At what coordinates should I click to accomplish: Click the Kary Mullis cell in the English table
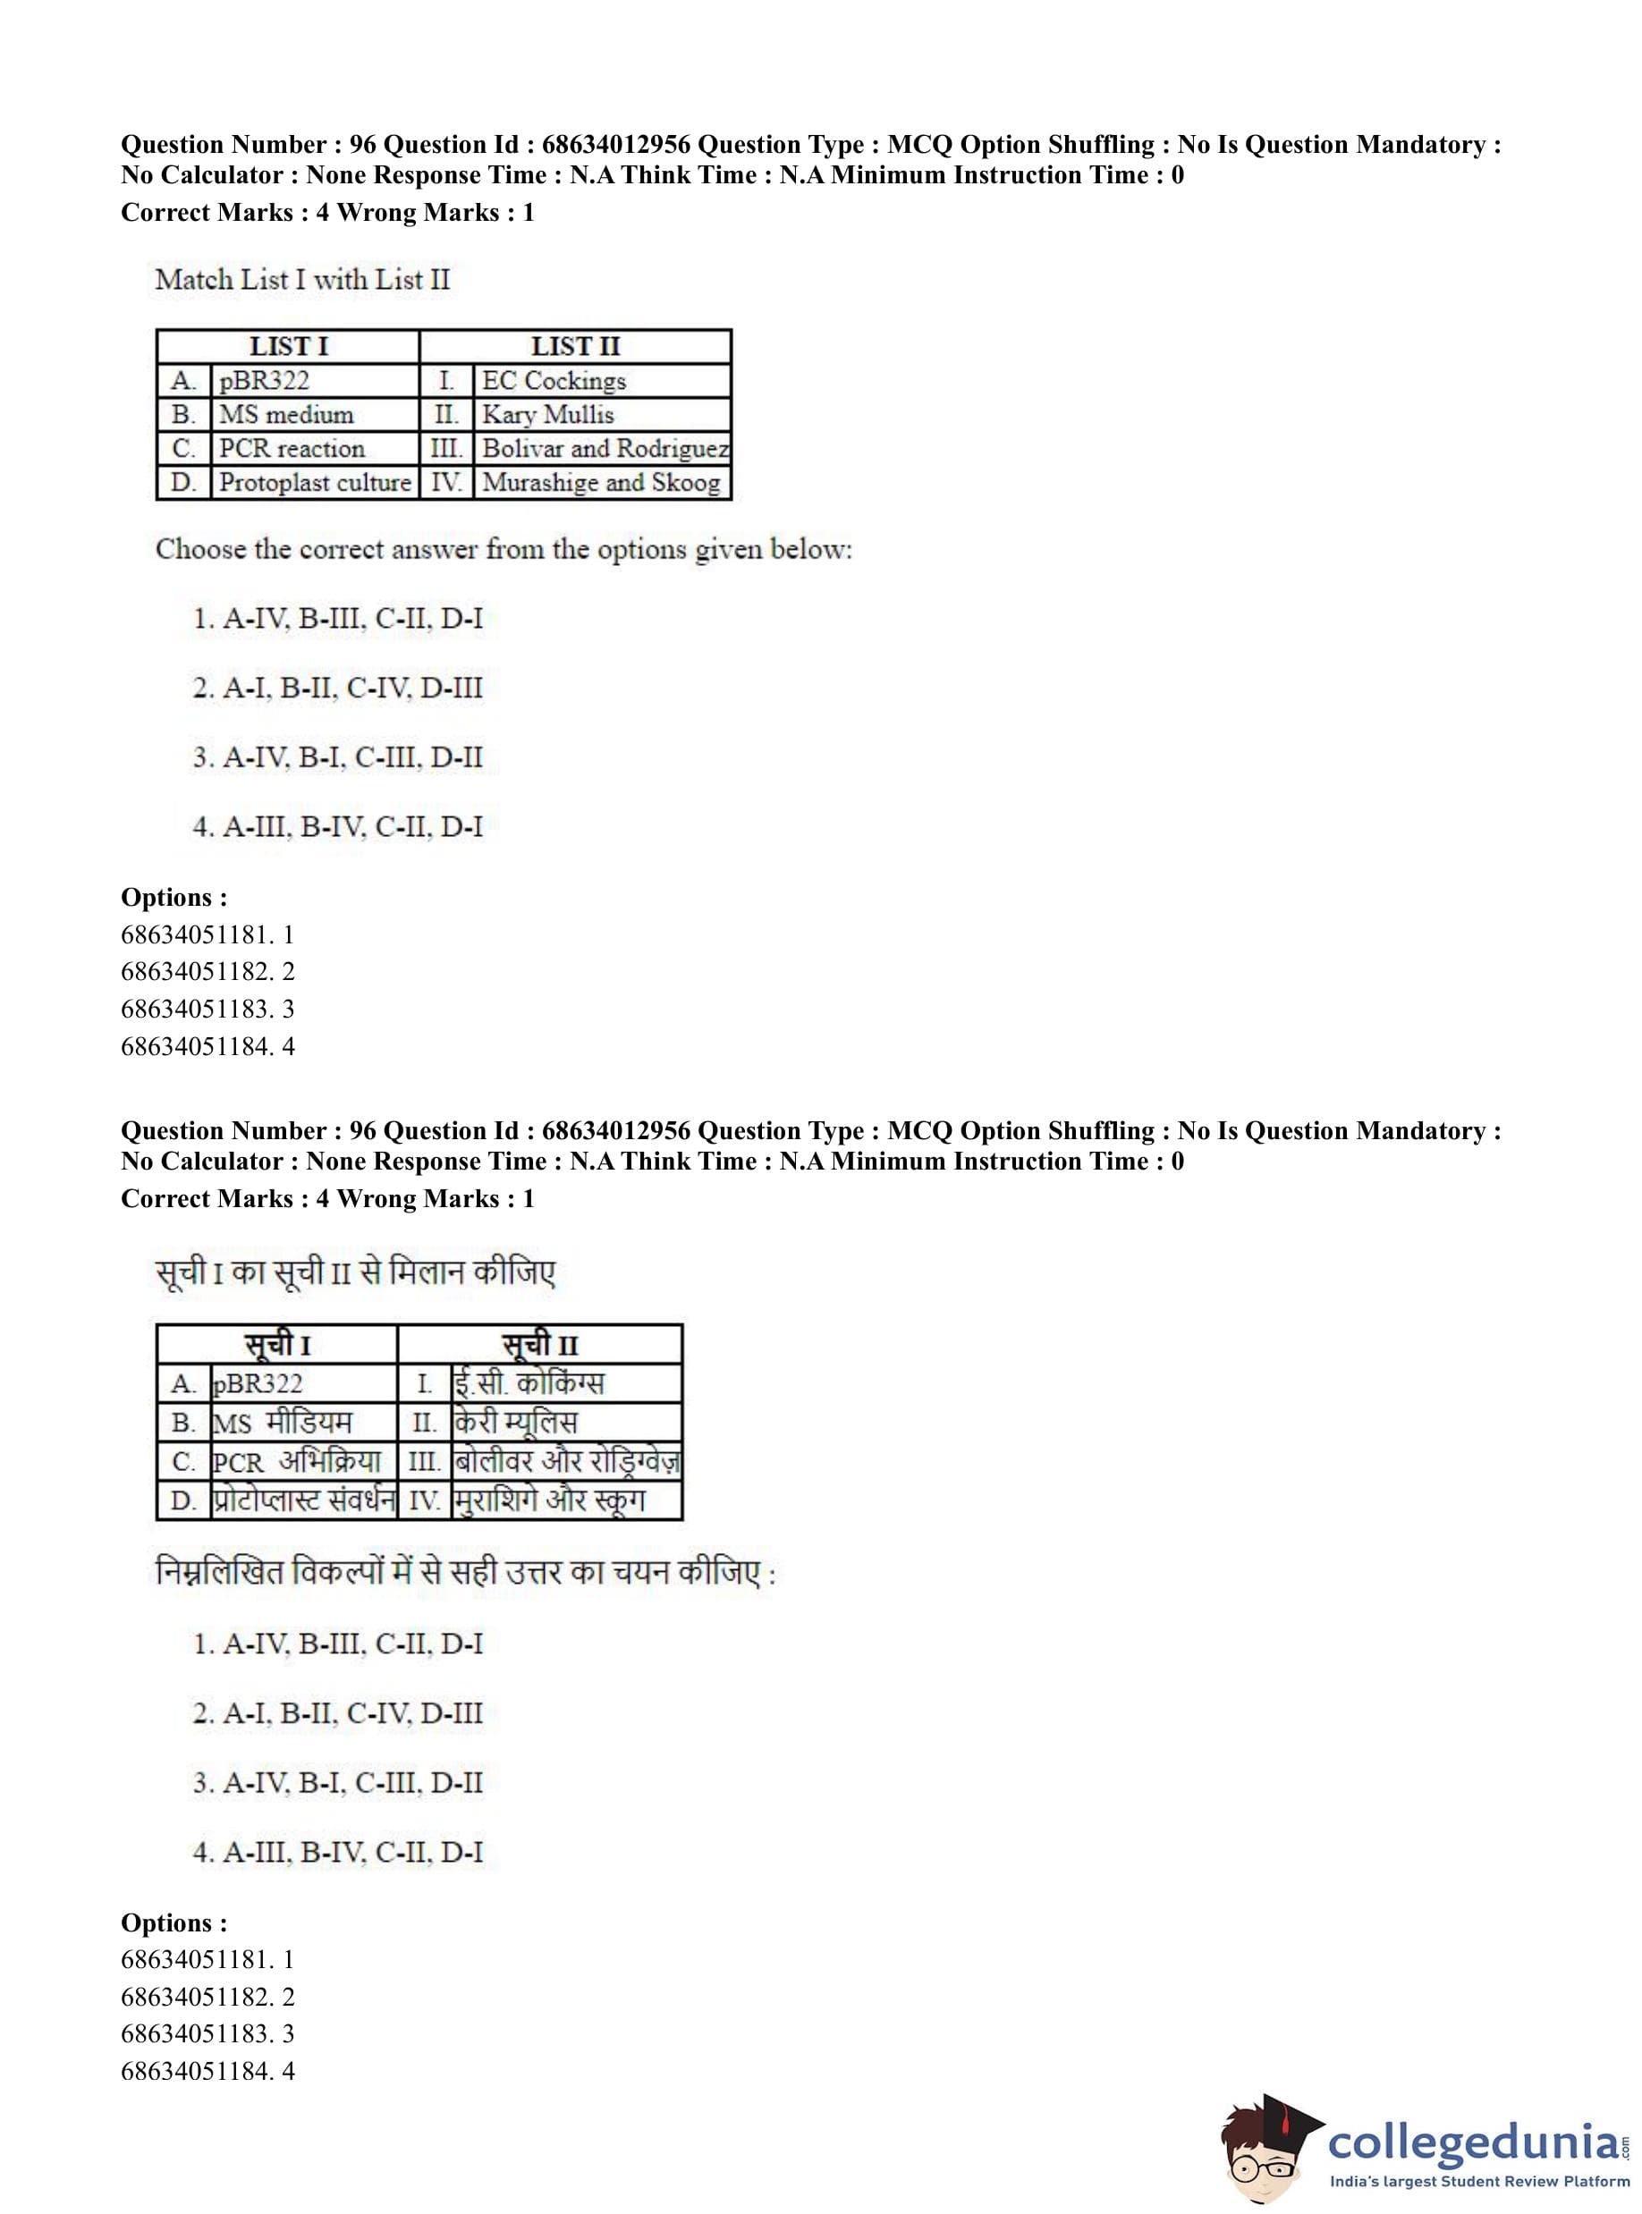pyautogui.click(x=547, y=414)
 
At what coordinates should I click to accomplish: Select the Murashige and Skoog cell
pyautogui.click(x=600, y=482)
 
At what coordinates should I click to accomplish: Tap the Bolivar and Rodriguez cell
pyautogui.click(x=605, y=448)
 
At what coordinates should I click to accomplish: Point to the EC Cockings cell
pyautogui.click(x=554, y=381)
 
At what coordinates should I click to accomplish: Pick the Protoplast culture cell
pyautogui.click(x=314, y=482)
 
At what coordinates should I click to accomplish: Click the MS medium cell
pyautogui.click(x=286, y=414)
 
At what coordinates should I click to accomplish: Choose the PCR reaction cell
pyautogui.click(x=292, y=448)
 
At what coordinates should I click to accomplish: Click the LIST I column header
pyautogui.click(x=288, y=346)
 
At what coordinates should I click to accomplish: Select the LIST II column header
pyautogui.click(x=574, y=346)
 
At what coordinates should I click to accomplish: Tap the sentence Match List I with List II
pyautogui.click(x=302, y=279)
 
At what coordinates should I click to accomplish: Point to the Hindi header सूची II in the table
pyautogui.click(x=539, y=1346)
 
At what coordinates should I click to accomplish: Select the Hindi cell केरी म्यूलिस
pyautogui.click(x=515, y=1422)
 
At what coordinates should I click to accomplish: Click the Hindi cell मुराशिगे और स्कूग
pyautogui.click(x=548, y=1500)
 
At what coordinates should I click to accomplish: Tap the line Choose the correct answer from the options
pyautogui.click(x=503, y=550)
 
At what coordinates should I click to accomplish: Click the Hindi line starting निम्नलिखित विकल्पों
pyautogui.click(x=465, y=1572)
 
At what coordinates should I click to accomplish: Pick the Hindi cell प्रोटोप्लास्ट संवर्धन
pyautogui.click(x=303, y=1500)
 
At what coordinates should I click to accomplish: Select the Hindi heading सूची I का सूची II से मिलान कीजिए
pyautogui.click(x=355, y=1273)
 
